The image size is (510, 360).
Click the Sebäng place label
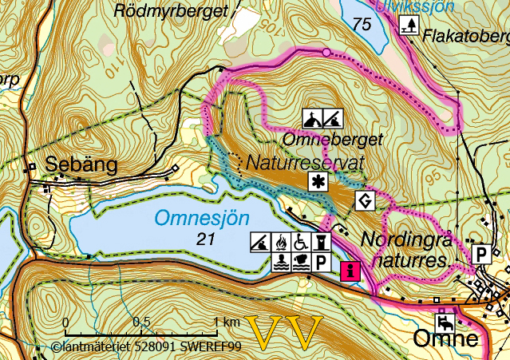[81, 165]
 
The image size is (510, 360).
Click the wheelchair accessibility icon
[300, 241]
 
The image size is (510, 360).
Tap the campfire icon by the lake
[280, 241]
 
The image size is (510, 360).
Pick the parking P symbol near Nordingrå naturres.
[481, 254]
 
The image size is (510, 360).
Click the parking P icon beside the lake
[321, 261]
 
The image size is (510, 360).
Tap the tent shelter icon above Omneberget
[314, 119]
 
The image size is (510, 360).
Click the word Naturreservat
[306, 162]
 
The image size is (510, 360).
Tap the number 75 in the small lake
[362, 25]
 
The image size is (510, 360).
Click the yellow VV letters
[283, 332]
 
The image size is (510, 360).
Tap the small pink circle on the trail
[326, 52]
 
